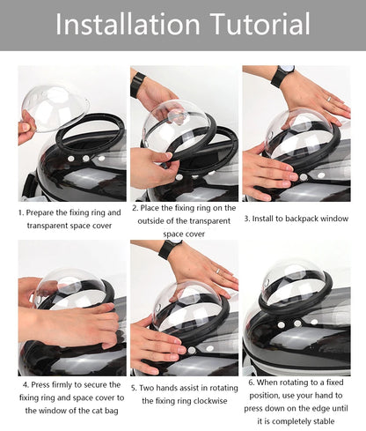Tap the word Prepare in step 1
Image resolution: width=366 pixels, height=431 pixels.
[48, 212]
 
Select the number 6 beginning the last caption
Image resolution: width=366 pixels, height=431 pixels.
[251, 383]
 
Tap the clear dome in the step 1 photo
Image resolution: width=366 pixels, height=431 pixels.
[55, 106]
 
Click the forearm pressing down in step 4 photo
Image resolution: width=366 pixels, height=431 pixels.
[70, 326]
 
